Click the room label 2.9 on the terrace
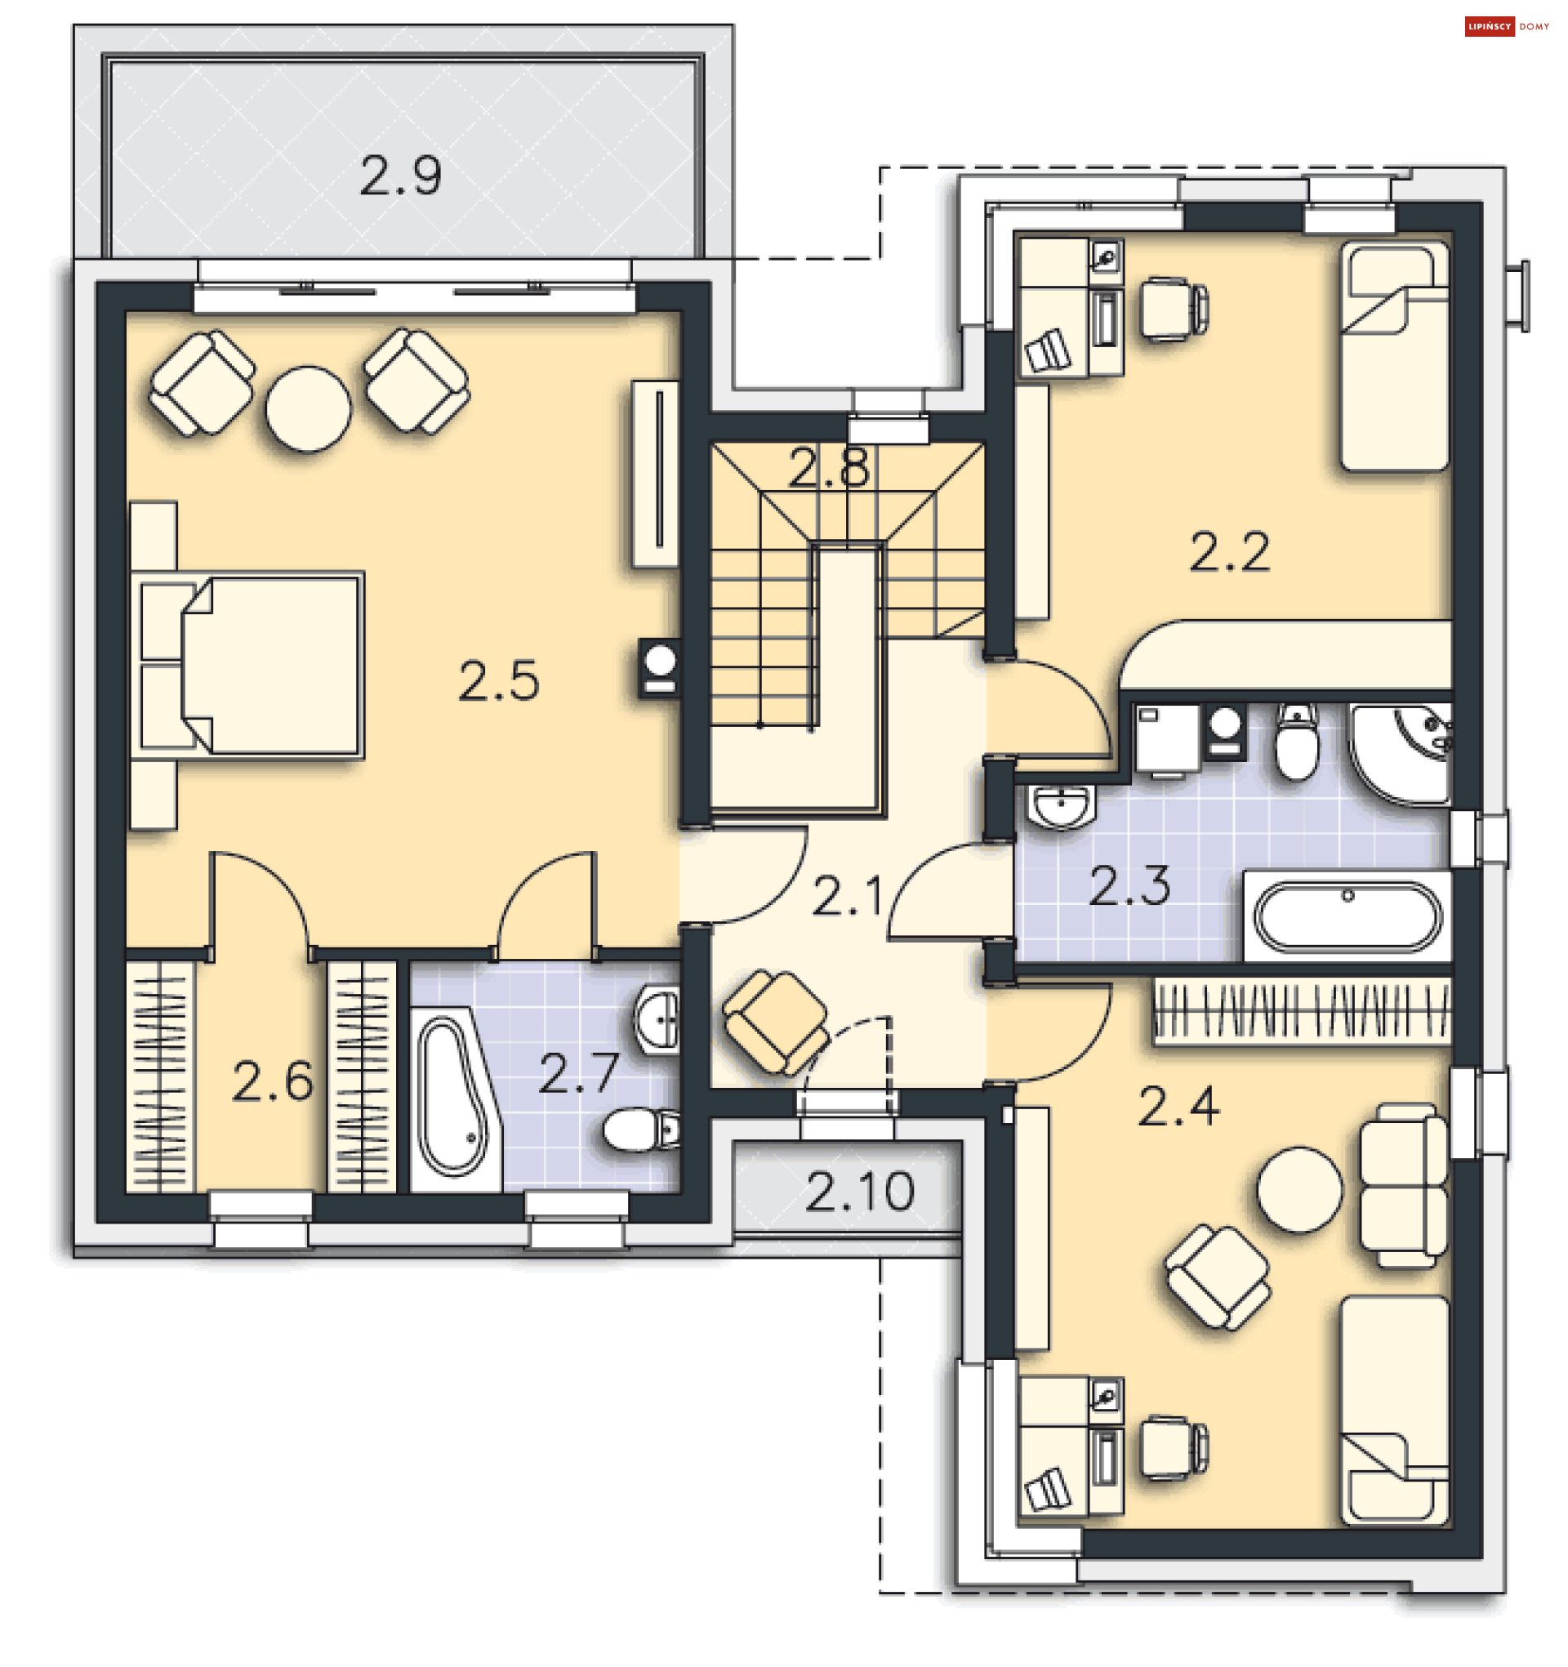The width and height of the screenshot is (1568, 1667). coord(400,177)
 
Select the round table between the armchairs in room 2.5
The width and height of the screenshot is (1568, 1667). coord(308,408)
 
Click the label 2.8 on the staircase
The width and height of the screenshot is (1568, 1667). coord(828,468)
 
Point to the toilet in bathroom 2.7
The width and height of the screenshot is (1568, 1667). coord(641,1130)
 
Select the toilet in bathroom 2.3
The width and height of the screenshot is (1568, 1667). coord(1296,742)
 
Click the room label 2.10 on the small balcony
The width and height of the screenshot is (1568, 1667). coord(859,1192)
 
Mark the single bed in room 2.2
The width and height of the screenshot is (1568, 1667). coord(1394,356)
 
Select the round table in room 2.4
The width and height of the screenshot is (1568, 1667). coord(1298,1190)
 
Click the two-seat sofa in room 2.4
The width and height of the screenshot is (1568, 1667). coord(1402,1185)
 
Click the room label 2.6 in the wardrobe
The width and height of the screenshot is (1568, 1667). coord(273,1081)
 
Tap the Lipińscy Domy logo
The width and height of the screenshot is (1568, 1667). coord(1507,27)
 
